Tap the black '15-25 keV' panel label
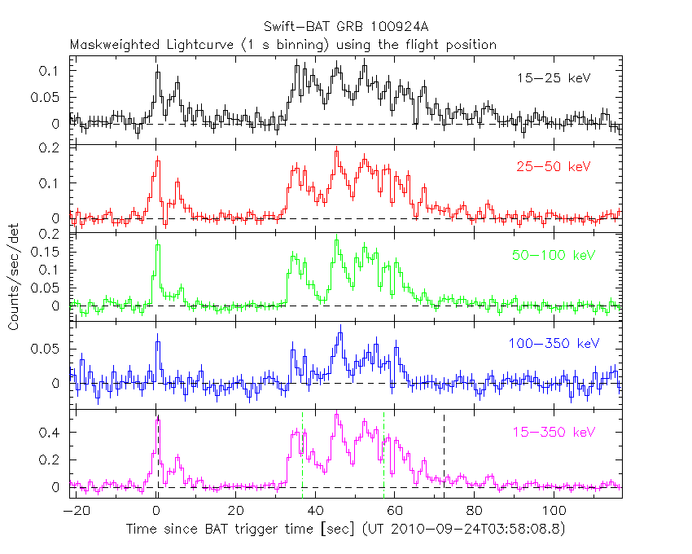pos(553,78)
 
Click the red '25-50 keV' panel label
pos(553,166)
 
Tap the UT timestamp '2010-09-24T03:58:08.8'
pos(472,529)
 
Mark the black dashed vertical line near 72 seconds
pos(444,448)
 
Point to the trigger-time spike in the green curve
pos(158,245)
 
